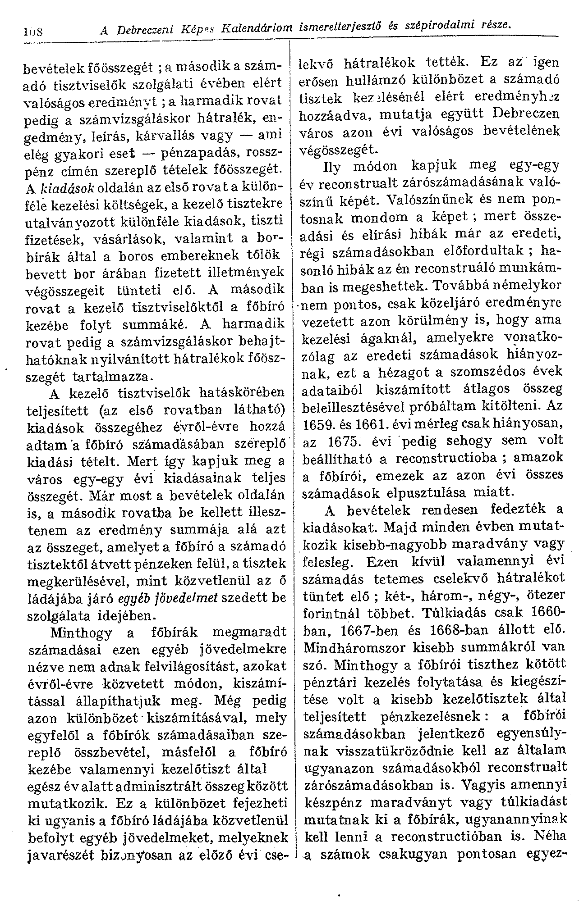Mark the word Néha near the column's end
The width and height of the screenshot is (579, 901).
[x=550, y=836]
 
